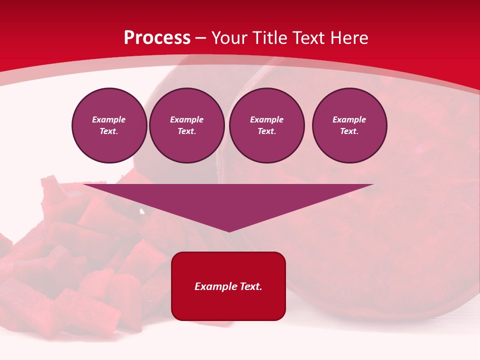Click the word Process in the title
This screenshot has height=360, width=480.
pos(157,37)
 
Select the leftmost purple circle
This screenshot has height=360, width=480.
pos(109,125)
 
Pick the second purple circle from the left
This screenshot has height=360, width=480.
pos(187,125)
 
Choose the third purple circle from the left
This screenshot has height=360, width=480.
pos(267,125)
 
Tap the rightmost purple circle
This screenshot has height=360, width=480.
pos(349,125)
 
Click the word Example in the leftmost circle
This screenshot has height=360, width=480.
pos(109,119)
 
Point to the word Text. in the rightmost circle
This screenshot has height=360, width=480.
pos(349,131)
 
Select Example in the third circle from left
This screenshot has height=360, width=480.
pos(267,119)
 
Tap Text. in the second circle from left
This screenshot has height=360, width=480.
pos(187,131)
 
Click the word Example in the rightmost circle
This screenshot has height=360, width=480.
pos(349,119)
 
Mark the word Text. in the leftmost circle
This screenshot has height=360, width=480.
pos(109,131)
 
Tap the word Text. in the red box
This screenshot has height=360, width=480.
pos(251,286)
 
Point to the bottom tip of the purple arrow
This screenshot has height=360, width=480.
pos(229,231)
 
